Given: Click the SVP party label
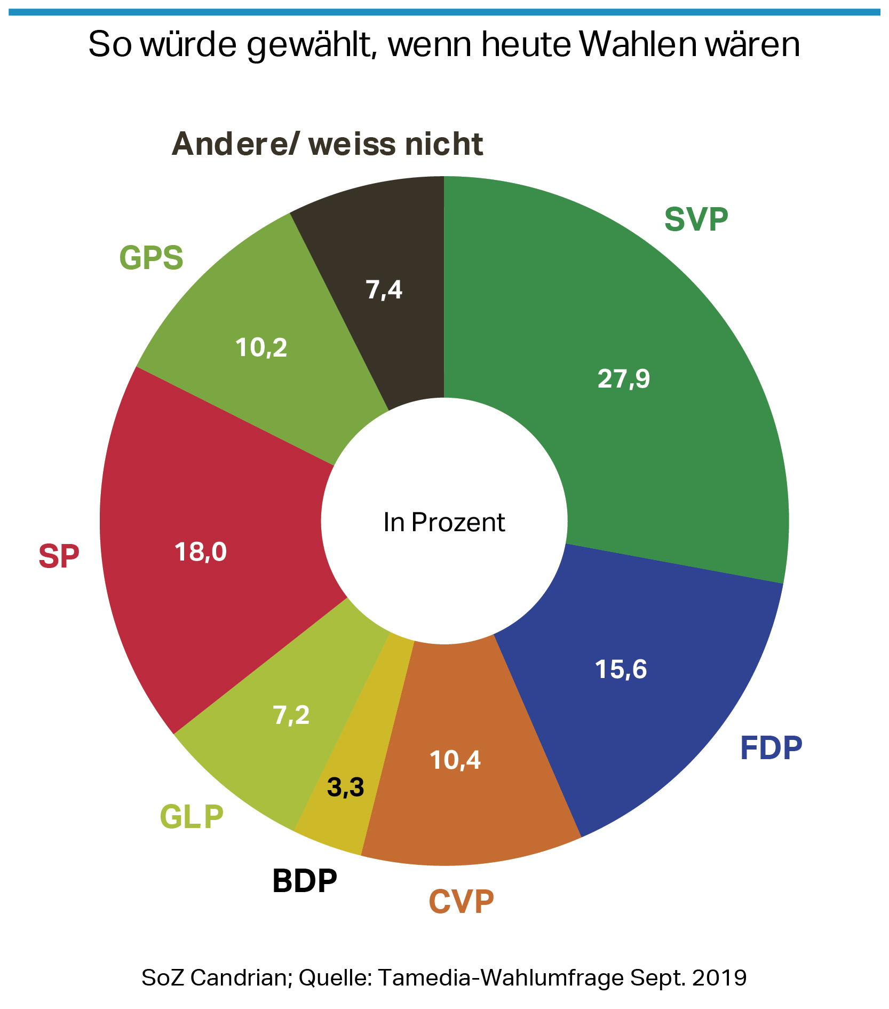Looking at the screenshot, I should (x=696, y=219).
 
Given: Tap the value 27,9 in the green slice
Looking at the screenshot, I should (x=623, y=379).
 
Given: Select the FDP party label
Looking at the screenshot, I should (x=771, y=748).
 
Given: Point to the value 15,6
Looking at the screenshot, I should (x=621, y=669).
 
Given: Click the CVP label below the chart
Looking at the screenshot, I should (x=462, y=902).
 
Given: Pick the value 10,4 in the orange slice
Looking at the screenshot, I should (x=455, y=760).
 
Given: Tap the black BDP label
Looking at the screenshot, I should (x=305, y=880).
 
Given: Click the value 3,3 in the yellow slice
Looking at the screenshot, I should (x=345, y=787).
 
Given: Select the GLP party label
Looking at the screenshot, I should (x=192, y=816).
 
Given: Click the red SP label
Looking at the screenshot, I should (x=59, y=556).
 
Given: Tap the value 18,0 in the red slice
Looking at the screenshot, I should (x=201, y=552).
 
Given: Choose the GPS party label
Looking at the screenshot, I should (x=152, y=257).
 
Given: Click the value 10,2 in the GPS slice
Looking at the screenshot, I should (x=261, y=348).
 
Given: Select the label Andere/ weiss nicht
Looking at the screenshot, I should (x=327, y=144).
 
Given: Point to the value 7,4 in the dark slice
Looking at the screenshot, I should (x=384, y=290).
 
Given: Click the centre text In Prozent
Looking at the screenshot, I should (x=444, y=523).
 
